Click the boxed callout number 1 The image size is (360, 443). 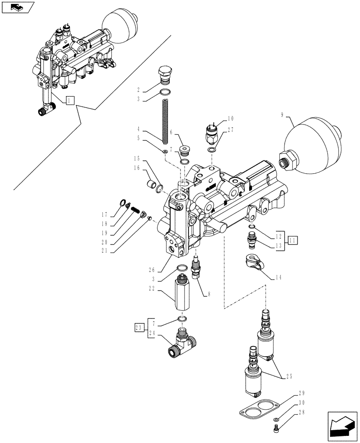(x=70, y=101)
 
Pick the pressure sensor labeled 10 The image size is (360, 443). (x=211, y=132)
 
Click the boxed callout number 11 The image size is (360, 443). (x=292, y=241)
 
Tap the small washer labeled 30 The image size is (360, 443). (x=276, y=419)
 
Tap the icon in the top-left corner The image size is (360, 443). (x=18, y=7)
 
